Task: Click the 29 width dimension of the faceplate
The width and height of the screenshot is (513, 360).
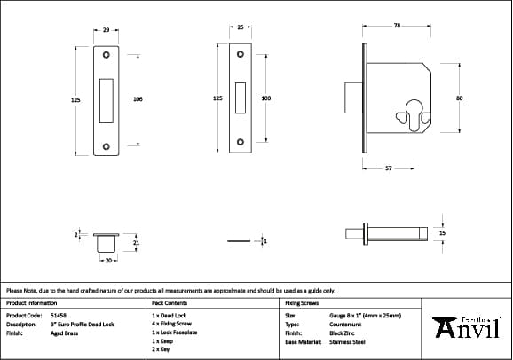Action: point(107,31)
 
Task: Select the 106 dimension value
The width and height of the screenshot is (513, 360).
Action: point(138,99)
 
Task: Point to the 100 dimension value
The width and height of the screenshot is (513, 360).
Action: point(265,99)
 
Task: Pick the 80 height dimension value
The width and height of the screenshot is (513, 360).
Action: point(459,99)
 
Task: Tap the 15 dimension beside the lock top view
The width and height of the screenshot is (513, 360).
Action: point(442,232)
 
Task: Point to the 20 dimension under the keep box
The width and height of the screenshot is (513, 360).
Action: point(106,262)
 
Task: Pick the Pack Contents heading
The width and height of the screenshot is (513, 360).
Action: point(169,302)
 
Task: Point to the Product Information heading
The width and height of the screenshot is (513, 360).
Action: point(32,302)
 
